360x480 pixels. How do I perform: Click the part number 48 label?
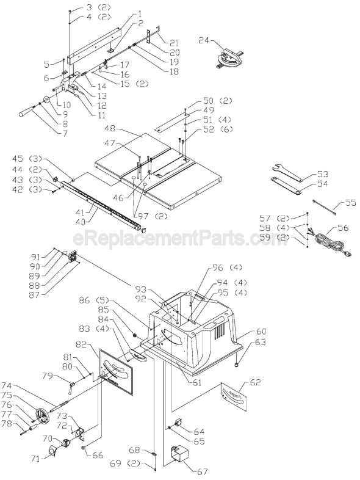[x=110, y=129]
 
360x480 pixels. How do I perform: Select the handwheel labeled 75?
[x=43, y=417]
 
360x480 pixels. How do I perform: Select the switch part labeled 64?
[x=179, y=423]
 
